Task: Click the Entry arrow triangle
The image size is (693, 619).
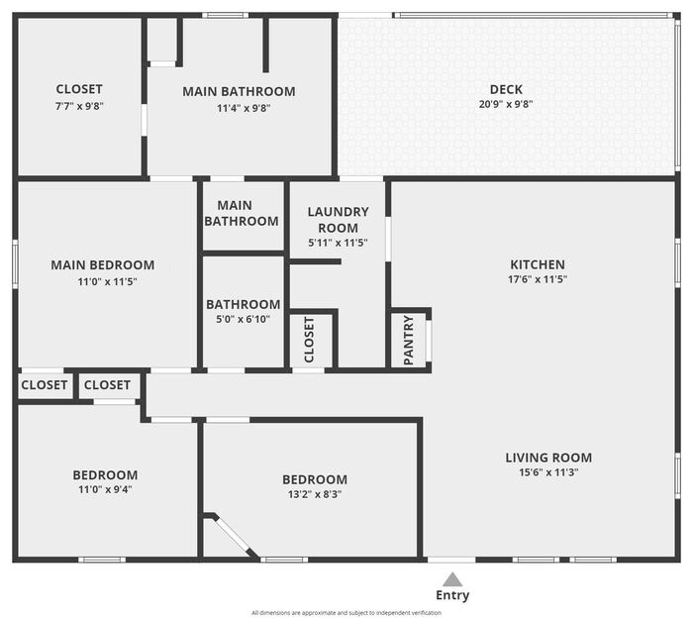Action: (452, 579)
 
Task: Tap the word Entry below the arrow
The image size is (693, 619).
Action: (452, 595)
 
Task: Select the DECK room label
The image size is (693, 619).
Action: (506, 90)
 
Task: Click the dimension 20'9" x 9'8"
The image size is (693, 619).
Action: (506, 104)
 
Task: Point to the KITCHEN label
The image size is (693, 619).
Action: (538, 264)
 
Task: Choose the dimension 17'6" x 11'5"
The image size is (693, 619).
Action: (538, 279)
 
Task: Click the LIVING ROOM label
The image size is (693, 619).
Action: (548, 458)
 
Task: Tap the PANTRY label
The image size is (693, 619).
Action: (409, 340)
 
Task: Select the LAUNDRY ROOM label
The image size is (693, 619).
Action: (339, 220)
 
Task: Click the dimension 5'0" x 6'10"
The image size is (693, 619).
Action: (243, 319)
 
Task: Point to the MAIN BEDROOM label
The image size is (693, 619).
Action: (103, 265)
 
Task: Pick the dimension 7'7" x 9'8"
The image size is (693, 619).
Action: (79, 106)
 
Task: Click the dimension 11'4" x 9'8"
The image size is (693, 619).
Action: (244, 108)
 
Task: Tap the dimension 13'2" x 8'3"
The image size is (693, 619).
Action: (315, 494)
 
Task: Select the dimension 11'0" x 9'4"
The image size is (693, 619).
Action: (105, 490)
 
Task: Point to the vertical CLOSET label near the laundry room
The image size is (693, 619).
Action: (309, 340)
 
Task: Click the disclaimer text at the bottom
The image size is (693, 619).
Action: (346, 613)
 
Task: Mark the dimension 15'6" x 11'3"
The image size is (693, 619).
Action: (548, 472)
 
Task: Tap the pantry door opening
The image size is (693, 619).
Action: (429, 341)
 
